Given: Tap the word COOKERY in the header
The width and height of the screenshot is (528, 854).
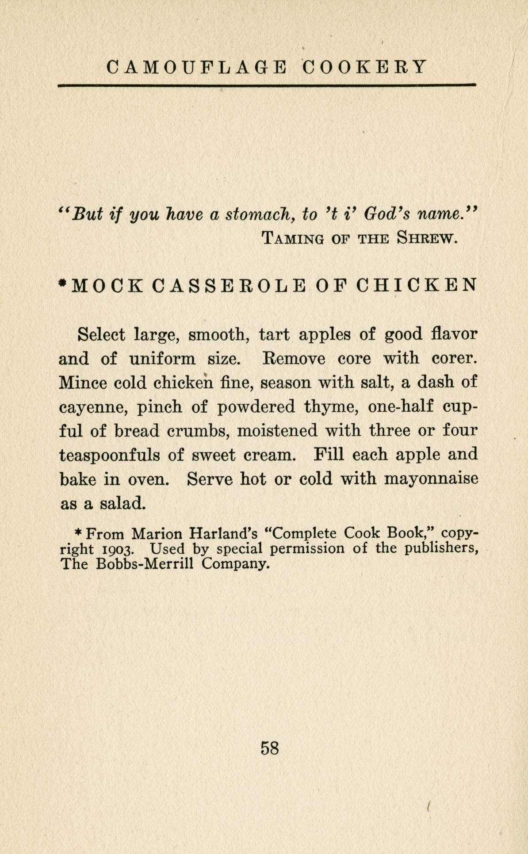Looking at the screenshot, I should tap(365, 67).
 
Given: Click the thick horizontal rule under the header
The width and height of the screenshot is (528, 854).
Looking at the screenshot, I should tap(267, 84).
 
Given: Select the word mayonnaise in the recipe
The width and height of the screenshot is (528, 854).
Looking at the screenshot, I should tap(431, 479).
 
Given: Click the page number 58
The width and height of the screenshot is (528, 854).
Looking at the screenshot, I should tap(270, 748).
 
